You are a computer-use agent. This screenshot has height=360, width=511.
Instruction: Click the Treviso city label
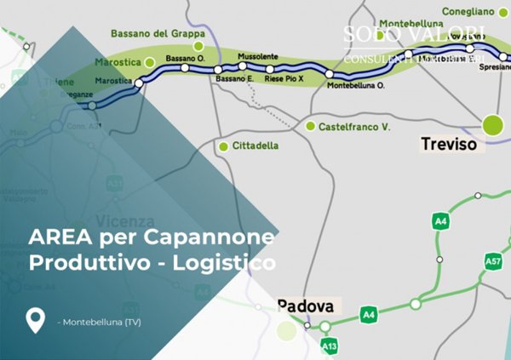tap(451, 145)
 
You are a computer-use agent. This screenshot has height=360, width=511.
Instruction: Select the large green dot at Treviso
tap(493, 125)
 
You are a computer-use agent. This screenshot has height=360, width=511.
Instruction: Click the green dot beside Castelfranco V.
tap(310, 127)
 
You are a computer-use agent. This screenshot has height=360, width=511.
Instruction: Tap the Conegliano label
tap(468, 11)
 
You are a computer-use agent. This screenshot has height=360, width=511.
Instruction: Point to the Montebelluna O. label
tap(356, 86)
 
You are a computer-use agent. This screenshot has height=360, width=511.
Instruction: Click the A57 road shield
tap(492, 262)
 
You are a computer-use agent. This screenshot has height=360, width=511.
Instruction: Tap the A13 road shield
tap(330, 347)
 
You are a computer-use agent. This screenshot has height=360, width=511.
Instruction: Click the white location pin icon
tap(35, 320)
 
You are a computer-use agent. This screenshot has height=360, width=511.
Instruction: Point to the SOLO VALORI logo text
tap(415, 34)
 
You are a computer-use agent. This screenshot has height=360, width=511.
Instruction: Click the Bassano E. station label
tap(235, 78)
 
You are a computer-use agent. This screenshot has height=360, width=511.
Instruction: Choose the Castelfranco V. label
tap(353, 127)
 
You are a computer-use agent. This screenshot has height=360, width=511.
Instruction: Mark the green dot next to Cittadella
tap(223, 146)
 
